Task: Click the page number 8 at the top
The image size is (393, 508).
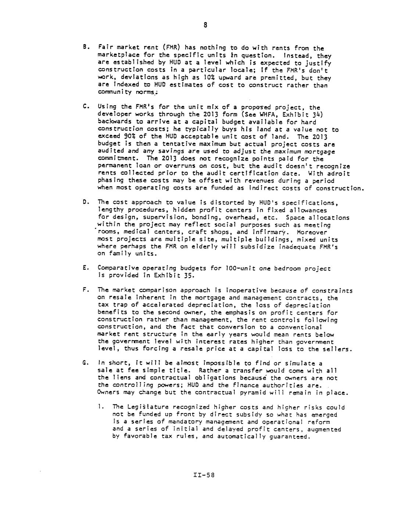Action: pos(206,25)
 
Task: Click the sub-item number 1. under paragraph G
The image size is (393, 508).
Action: pos(100,407)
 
